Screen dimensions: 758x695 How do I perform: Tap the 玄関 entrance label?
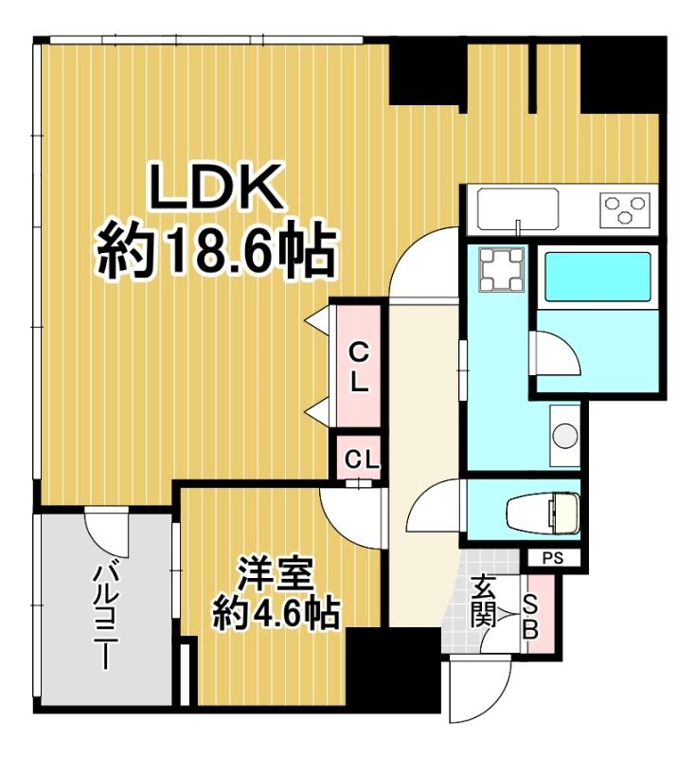pyautogui.click(x=484, y=602)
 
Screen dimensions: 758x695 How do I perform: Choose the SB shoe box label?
pyautogui.click(x=532, y=615)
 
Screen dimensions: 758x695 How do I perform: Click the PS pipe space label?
pyautogui.click(x=553, y=558)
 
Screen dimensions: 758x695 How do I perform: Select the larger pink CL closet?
pyautogui.click(x=358, y=369)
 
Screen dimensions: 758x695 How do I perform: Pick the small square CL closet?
pyautogui.click(x=361, y=460)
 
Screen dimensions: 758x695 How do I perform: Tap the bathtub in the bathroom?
pyautogui.click(x=597, y=276)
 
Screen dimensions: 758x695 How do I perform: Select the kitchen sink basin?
pyautogui.click(x=519, y=207)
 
